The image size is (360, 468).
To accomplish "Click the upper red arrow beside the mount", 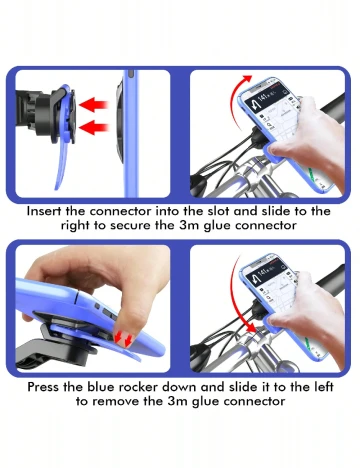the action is coord(94,104).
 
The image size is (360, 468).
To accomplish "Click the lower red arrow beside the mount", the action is coord(95,128).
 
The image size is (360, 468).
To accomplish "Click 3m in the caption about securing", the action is coord(189,225).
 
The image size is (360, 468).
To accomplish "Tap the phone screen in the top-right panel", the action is coord(272,112).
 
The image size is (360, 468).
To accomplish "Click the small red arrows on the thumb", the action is coord(122,339).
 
